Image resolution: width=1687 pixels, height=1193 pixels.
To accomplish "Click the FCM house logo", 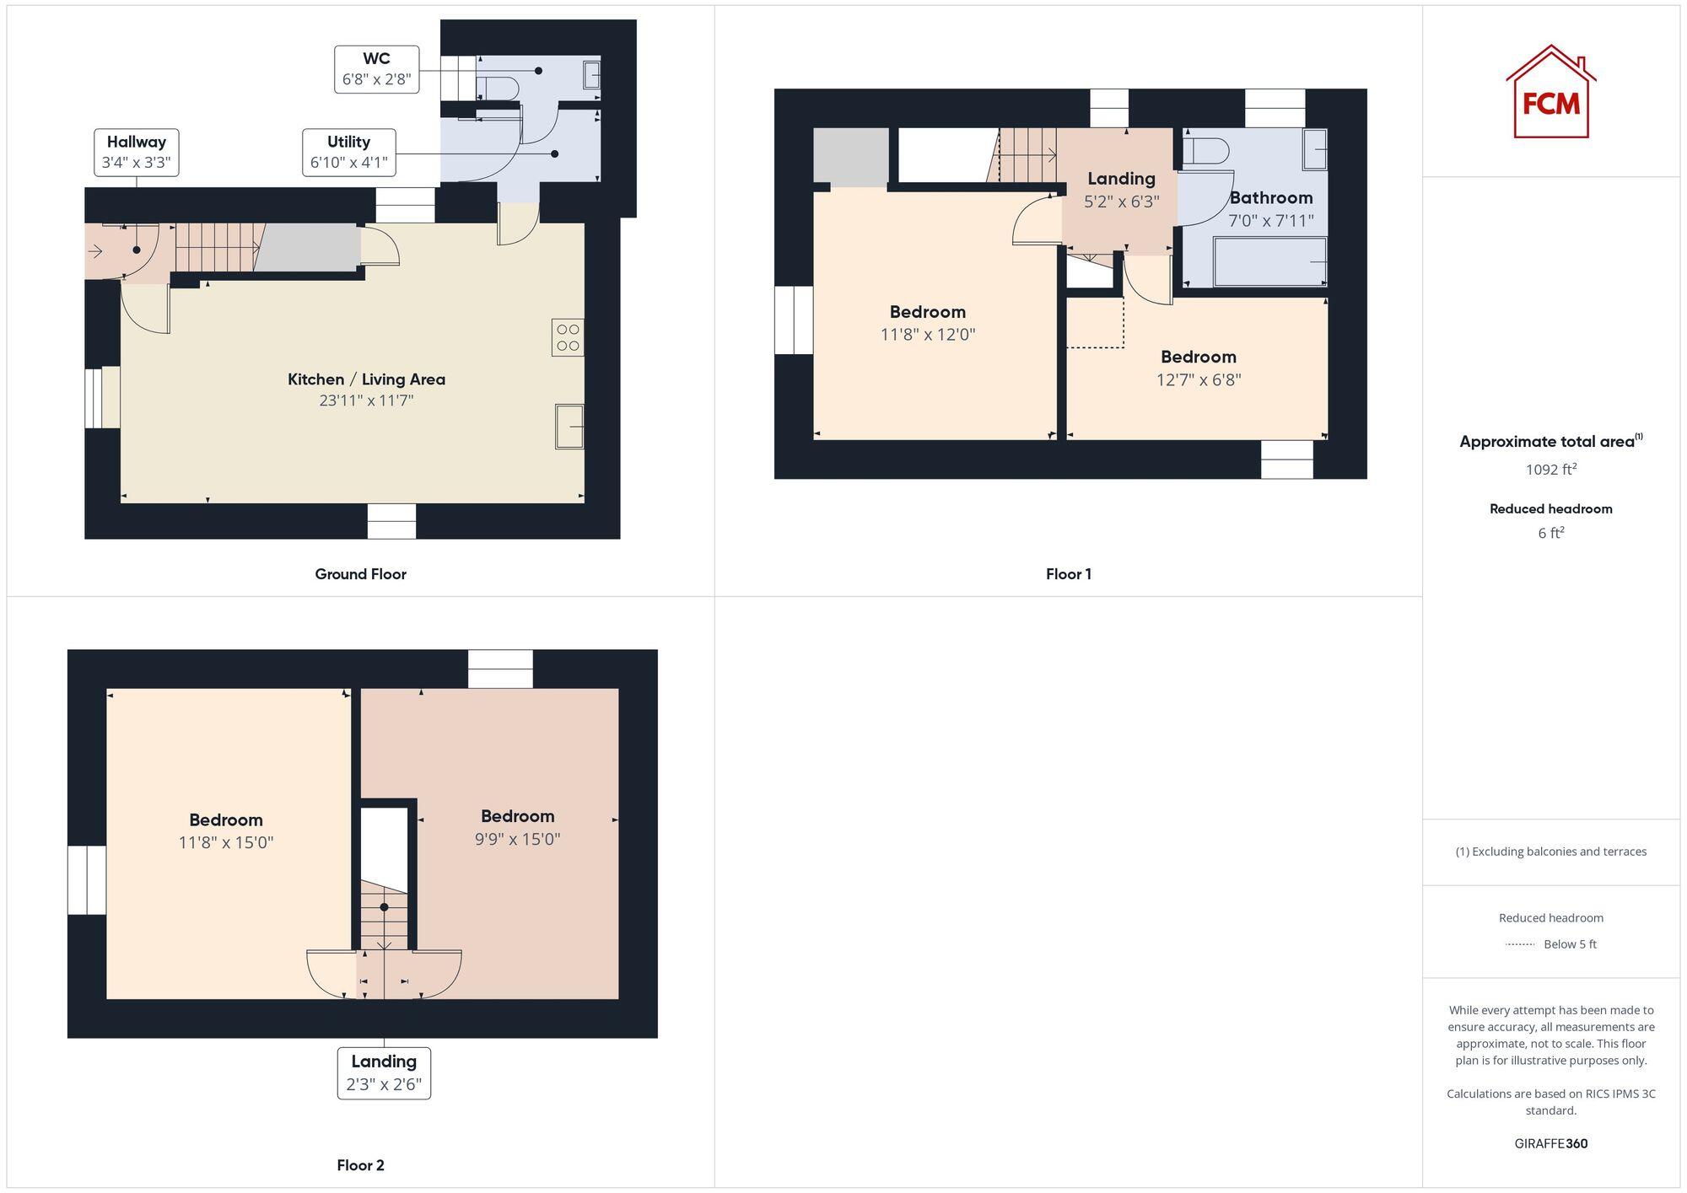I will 1550,93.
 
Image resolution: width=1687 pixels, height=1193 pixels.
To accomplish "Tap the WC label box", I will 376,69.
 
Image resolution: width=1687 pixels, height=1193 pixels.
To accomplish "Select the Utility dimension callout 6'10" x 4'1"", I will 348,162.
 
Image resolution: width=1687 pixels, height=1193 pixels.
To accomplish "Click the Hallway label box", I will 137,152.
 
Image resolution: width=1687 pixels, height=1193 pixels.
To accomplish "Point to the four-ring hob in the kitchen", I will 568,337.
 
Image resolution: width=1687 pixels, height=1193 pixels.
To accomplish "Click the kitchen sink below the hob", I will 569,427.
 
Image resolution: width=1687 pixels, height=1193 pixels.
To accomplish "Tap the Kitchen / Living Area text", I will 366,379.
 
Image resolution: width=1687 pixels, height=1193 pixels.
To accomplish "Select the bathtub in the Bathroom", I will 1269,262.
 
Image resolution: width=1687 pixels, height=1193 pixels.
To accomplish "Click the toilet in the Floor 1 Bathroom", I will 1205,151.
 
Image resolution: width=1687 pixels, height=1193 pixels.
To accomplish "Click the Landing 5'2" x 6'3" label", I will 1121,190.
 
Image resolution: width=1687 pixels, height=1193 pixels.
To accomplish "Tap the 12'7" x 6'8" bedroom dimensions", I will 1198,379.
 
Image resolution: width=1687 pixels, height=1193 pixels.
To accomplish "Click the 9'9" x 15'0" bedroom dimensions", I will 517,839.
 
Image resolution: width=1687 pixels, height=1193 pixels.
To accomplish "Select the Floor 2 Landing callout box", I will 384,1072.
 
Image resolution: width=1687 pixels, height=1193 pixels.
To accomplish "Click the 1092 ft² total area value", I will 1550,470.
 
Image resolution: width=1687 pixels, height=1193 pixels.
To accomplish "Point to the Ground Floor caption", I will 360,574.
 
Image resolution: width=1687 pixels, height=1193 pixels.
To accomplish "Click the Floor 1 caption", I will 1068,574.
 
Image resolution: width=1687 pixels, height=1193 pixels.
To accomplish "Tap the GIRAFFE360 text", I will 1550,1143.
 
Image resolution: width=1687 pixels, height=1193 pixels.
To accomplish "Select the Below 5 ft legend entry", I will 1552,944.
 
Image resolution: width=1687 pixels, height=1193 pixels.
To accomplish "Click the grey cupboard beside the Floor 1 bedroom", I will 850,156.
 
